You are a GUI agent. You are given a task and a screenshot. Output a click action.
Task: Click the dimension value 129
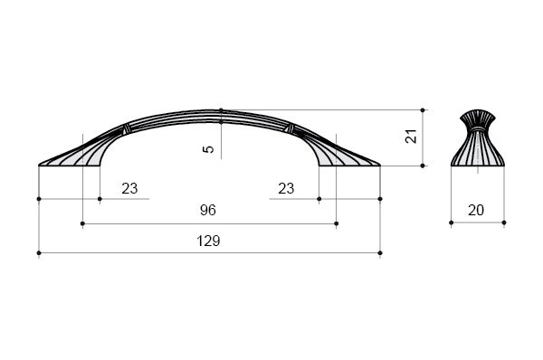(208, 241)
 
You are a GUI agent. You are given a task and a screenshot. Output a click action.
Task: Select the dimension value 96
(208, 210)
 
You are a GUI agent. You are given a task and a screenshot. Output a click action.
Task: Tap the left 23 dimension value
(129, 189)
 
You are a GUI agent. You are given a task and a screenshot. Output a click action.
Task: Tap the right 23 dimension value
(286, 189)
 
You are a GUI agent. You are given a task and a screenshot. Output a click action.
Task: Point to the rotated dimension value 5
(209, 149)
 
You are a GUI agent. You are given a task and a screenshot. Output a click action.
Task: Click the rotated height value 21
(411, 137)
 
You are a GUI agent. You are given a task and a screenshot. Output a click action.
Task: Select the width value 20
(476, 210)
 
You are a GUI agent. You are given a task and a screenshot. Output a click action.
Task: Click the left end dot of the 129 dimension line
(39, 253)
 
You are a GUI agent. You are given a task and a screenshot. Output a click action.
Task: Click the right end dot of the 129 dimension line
(380, 253)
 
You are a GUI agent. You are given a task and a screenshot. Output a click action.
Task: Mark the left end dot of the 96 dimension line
(82, 223)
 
